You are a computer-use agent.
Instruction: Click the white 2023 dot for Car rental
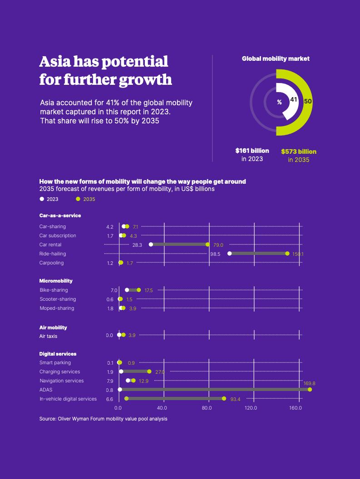[x=151, y=244]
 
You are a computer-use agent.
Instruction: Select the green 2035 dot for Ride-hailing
[x=287, y=254]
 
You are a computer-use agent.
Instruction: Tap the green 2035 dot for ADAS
[x=310, y=390]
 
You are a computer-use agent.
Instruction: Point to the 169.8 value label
[x=309, y=383]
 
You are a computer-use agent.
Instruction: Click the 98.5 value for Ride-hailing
[x=215, y=254]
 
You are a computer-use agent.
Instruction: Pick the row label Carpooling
[x=51, y=263]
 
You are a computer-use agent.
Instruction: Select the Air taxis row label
[x=48, y=336]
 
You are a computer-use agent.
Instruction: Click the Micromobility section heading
[x=56, y=281]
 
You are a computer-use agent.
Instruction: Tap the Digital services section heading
[x=58, y=354]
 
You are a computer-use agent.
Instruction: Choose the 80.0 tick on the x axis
[x=207, y=408]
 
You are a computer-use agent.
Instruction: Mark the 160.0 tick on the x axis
[x=296, y=408]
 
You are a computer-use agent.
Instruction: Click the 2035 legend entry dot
[x=78, y=199]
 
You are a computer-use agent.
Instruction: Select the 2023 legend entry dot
[x=42, y=199]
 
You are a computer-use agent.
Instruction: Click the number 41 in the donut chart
[x=294, y=99]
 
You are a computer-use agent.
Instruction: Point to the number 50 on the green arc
[x=308, y=101]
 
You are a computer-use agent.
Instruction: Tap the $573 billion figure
[x=299, y=152]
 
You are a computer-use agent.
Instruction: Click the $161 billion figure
[x=252, y=151]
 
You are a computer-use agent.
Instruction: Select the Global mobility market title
[x=276, y=59]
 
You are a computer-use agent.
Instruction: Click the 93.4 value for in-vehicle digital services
[x=235, y=399]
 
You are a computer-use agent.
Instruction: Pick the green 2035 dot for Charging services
[x=149, y=371]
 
